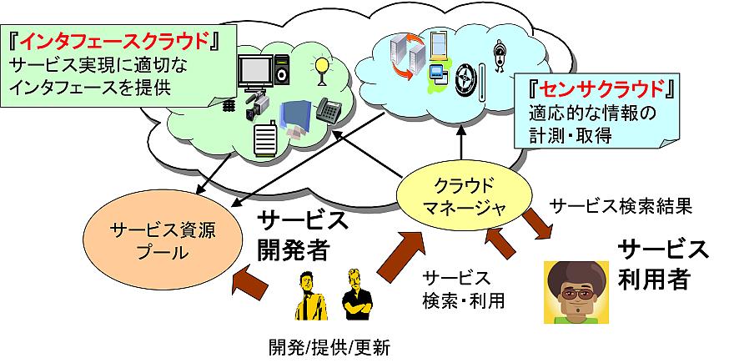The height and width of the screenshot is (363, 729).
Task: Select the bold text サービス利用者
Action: click(662, 264)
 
